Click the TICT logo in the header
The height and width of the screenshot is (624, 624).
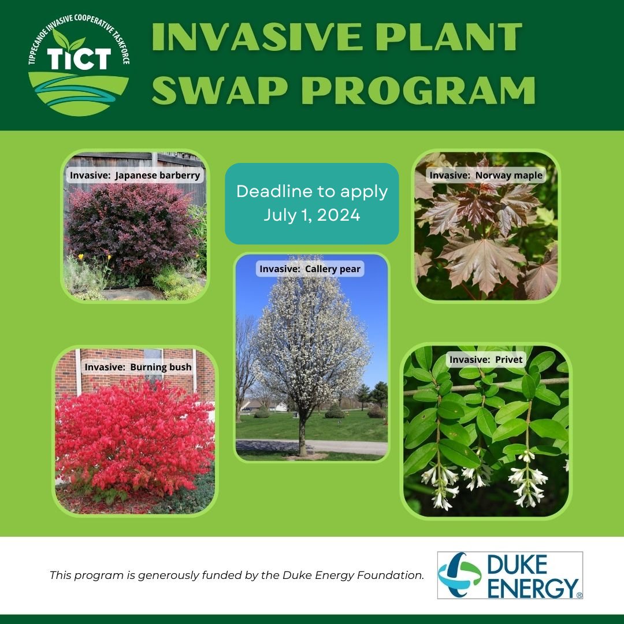[x=79, y=70]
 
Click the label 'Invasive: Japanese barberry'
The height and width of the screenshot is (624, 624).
[x=135, y=175]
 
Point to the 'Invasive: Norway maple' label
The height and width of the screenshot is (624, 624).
[x=486, y=175]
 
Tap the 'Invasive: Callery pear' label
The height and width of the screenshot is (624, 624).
[x=310, y=269]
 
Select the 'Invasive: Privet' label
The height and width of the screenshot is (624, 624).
[x=486, y=359]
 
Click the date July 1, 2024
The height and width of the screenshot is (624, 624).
[x=312, y=215]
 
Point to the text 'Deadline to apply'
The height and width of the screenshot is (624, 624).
[x=312, y=191]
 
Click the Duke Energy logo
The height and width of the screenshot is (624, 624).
[x=510, y=575]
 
